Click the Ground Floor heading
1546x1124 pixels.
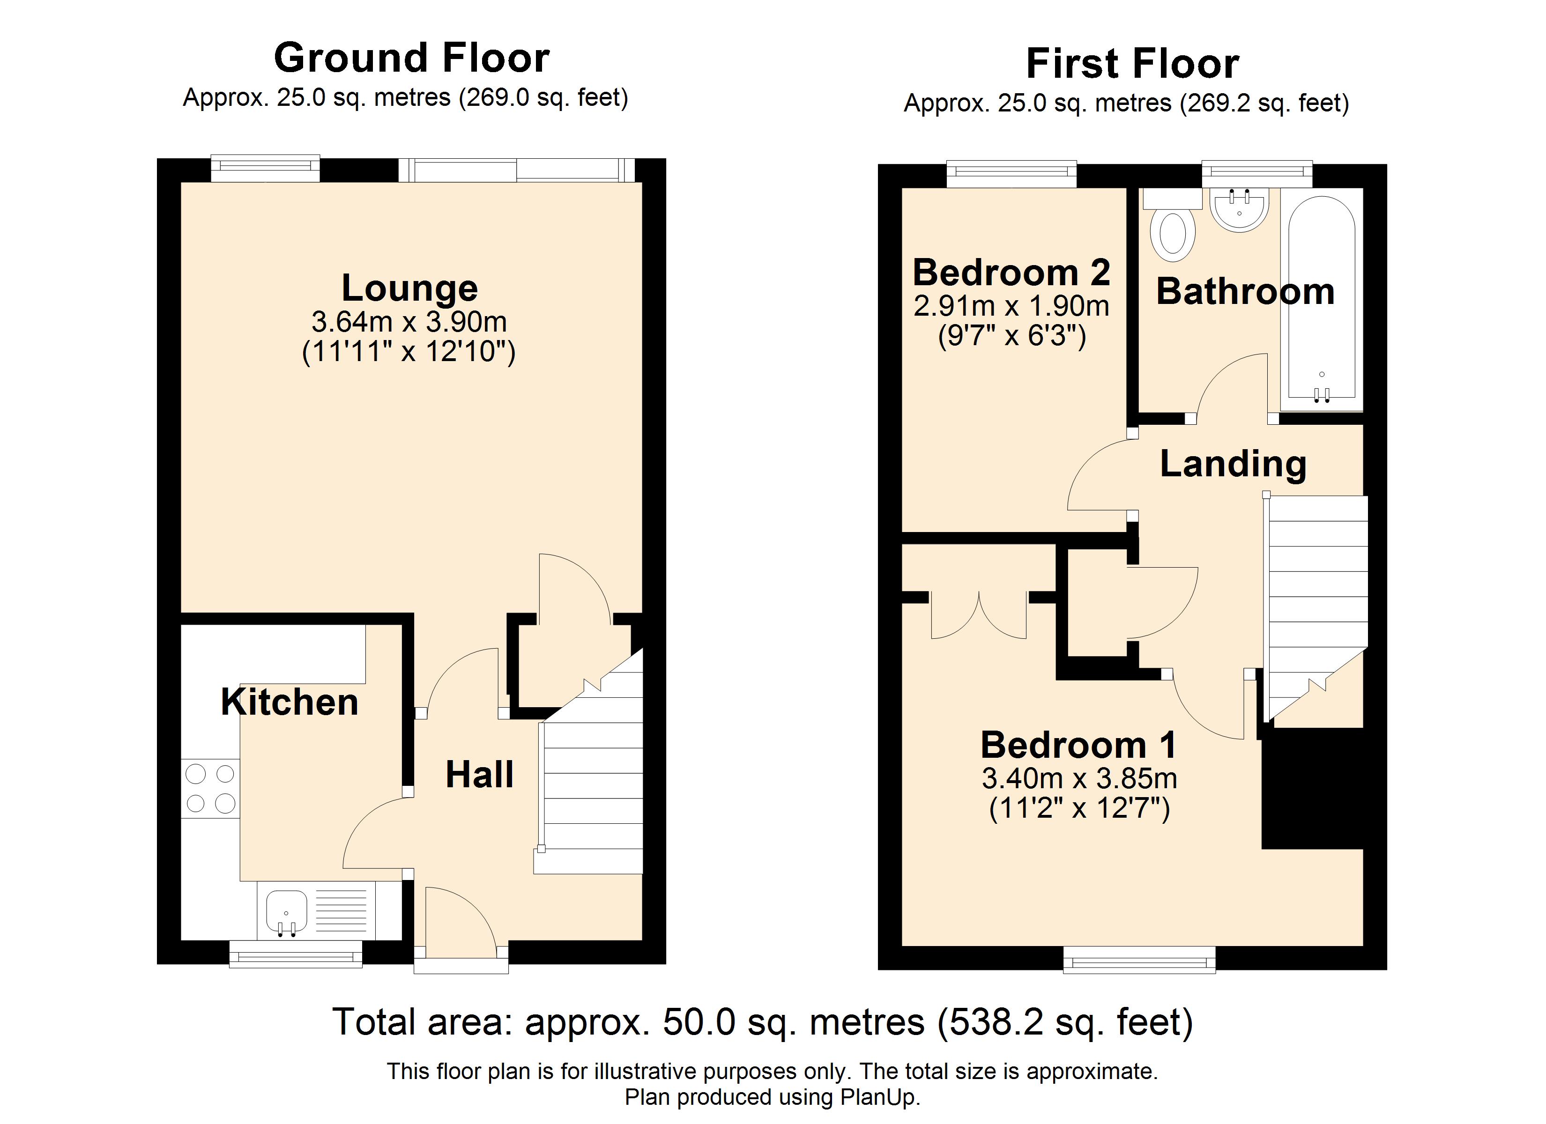(x=412, y=58)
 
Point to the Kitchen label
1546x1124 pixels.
(x=290, y=702)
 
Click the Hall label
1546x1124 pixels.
(x=479, y=774)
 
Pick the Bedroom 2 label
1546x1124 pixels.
(x=1011, y=273)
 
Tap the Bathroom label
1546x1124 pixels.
(x=1245, y=292)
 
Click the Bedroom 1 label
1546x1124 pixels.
(x=1078, y=745)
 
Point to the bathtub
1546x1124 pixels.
(x=1322, y=300)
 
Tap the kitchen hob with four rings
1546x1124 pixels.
(x=210, y=789)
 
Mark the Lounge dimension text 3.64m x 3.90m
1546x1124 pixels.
(x=409, y=322)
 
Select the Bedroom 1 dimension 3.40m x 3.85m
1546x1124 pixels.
(x=1079, y=778)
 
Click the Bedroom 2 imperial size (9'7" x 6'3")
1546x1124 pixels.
(x=1011, y=336)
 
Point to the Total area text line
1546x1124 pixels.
(x=763, y=1022)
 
